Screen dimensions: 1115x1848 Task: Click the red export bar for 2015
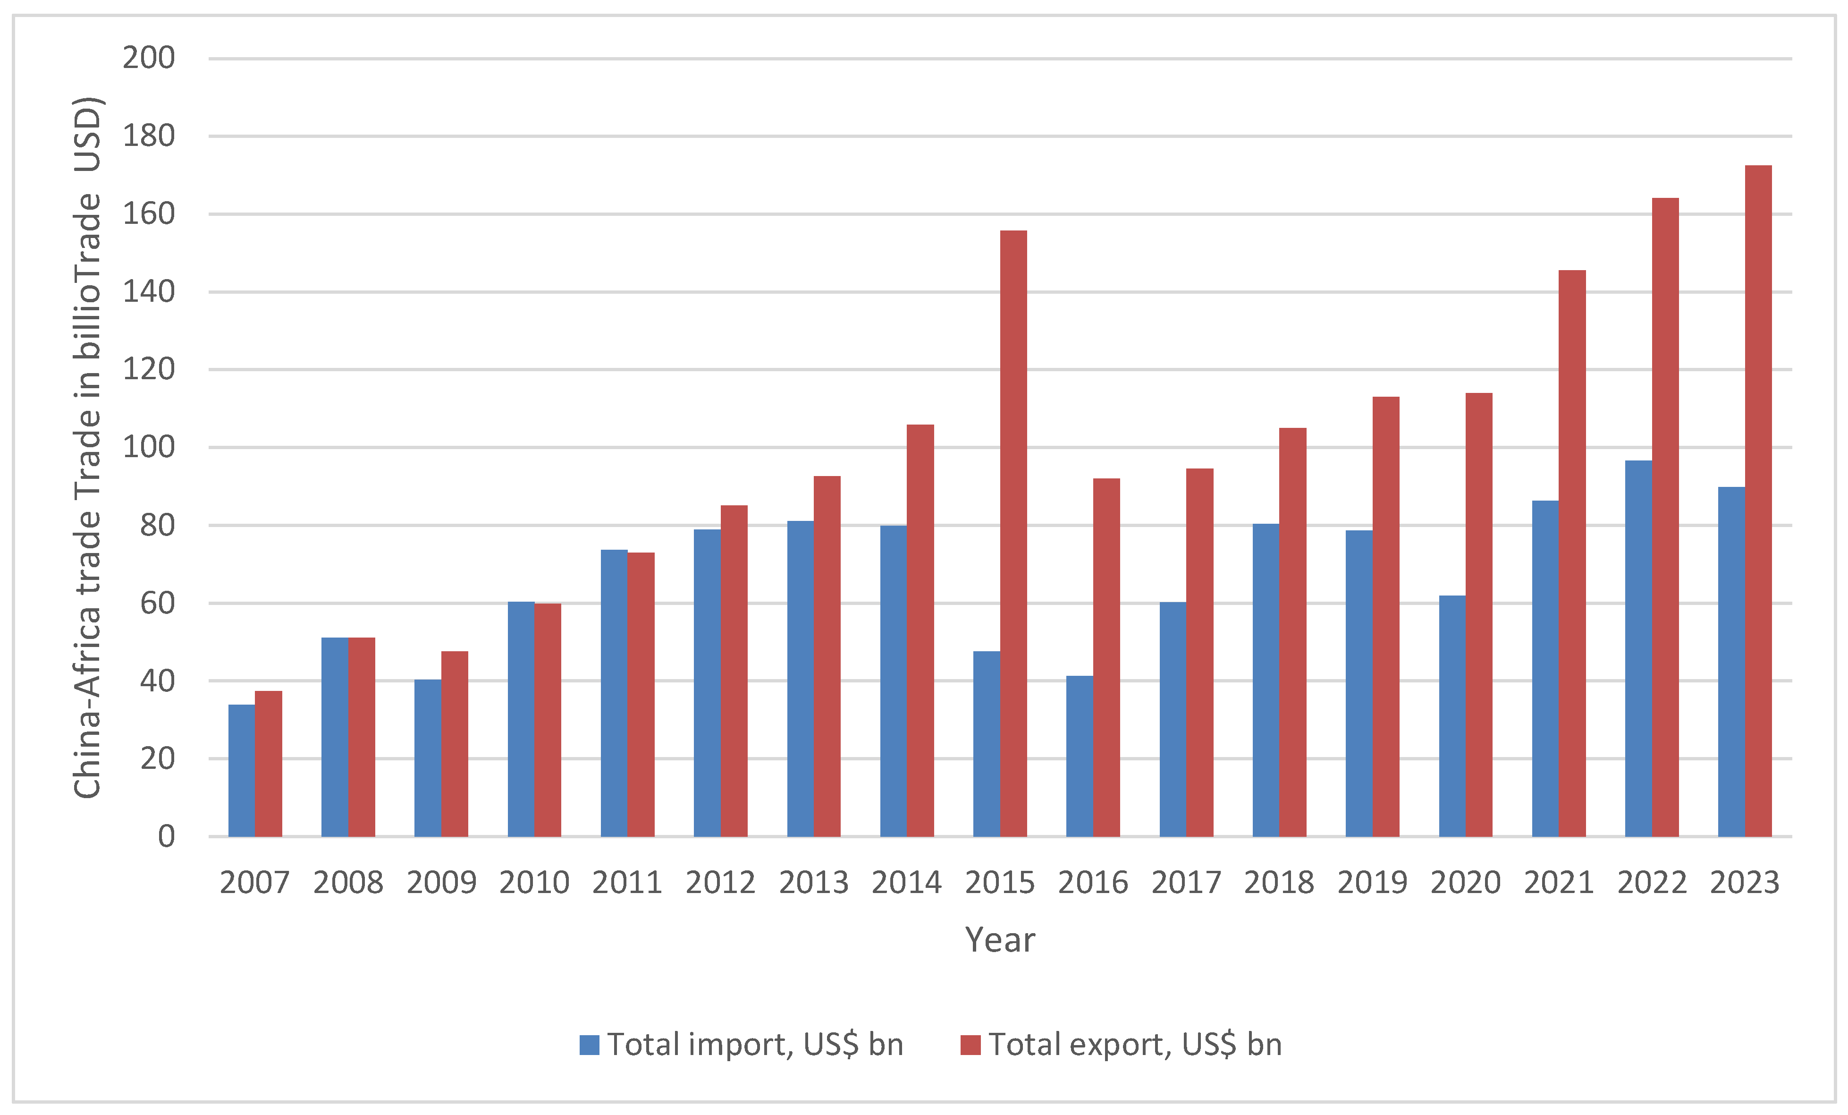pos(1013,533)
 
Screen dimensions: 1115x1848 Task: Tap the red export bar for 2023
pos(1758,501)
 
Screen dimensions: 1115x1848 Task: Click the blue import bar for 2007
pos(242,771)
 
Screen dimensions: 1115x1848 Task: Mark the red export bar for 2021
pos(1572,553)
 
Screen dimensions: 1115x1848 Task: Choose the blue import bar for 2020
pos(1452,716)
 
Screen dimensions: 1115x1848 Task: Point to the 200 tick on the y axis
pos(149,58)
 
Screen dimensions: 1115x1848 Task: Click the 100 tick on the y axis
pos(149,447)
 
